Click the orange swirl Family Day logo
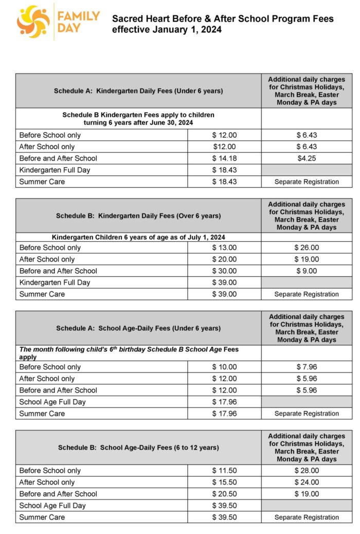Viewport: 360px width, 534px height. point(33,22)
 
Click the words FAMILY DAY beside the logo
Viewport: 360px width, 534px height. point(79,22)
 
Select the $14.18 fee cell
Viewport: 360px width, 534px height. point(224,158)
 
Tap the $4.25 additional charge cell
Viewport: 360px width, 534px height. point(307,158)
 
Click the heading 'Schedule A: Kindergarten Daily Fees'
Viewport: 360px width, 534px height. point(138,91)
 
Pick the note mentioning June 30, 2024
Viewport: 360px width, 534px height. point(138,119)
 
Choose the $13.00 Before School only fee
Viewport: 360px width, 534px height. point(224,248)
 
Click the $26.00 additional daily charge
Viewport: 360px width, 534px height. point(307,248)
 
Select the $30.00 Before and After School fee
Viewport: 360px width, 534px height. point(224,271)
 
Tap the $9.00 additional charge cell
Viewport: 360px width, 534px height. point(307,271)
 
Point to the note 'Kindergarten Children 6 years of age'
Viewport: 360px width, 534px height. point(138,237)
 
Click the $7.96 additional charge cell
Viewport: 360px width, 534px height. point(307,367)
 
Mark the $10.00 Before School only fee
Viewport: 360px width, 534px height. point(224,367)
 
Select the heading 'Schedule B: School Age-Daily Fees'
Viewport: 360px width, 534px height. point(138,448)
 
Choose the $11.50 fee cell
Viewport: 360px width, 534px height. point(224,471)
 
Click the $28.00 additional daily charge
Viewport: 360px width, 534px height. point(307,471)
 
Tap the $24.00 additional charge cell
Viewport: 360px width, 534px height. point(307,483)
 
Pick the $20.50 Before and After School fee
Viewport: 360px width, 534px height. point(224,494)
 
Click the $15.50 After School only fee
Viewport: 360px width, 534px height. point(224,483)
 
